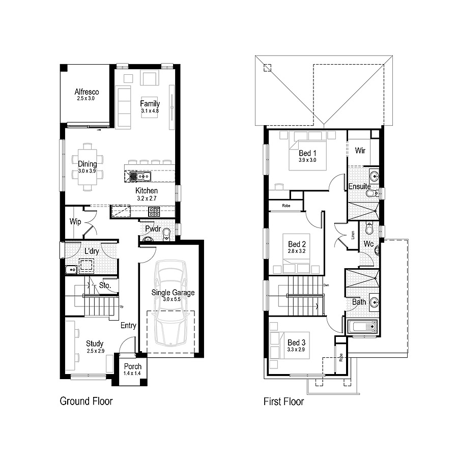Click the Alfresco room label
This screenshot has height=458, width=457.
coord(87,92)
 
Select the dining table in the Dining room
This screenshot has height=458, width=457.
coord(87,167)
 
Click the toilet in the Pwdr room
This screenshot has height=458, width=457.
coord(166,234)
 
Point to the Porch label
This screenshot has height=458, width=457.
coord(132,366)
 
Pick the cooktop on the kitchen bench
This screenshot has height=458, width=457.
coord(154,211)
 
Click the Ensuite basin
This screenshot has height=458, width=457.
coord(374,177)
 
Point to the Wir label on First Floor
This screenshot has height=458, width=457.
coord(360,151)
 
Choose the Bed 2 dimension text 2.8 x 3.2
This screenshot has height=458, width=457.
coord(296,251)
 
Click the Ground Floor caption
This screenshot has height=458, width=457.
coord(86,402)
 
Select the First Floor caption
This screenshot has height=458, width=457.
coord(283,402)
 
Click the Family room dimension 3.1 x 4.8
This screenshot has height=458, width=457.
coord(150,110)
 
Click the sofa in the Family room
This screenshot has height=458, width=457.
coord(124,107)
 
